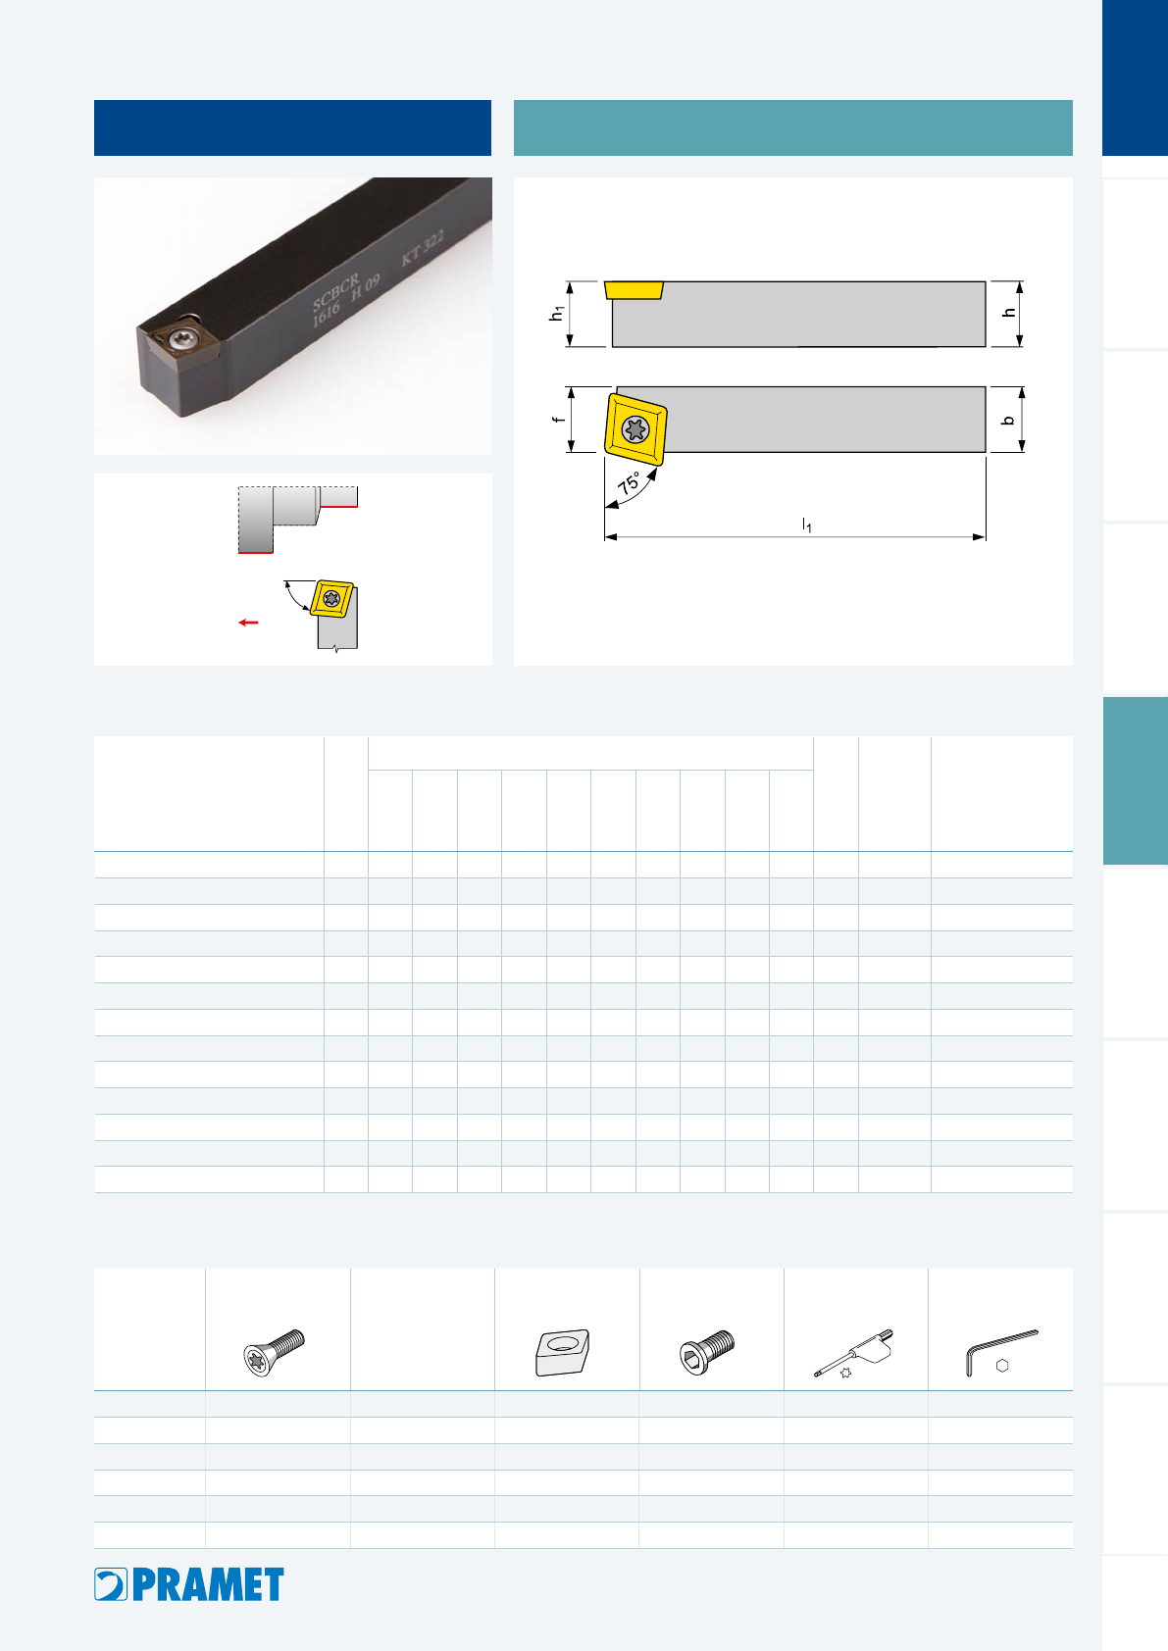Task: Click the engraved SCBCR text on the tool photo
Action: point(335,292)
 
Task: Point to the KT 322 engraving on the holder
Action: point(423,248)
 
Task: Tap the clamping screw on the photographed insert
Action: point(180,339)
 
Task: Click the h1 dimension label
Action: point(556,314)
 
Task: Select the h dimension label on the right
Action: point(1009,313)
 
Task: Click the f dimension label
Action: point(558,420)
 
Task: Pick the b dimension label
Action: point(1008,421)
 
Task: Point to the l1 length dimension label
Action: point(807,525)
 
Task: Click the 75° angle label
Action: point(629,482)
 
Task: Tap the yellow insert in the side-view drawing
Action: point(634,289)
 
